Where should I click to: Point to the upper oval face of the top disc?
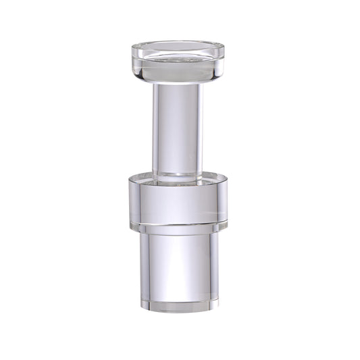(178, 49)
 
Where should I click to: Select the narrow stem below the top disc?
(178, 128)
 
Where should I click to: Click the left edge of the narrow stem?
(155, 128)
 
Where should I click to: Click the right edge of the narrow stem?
(201, 128)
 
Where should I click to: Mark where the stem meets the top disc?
(178, 84)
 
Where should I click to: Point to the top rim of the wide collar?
(178, 178)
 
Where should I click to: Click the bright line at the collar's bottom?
(178, 222)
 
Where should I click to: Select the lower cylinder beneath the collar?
(178, 263)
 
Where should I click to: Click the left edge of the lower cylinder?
(143, 263)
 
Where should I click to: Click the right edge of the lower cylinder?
(215, 263)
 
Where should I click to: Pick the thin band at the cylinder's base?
(178, 302)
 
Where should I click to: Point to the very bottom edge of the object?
(178, 311)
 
